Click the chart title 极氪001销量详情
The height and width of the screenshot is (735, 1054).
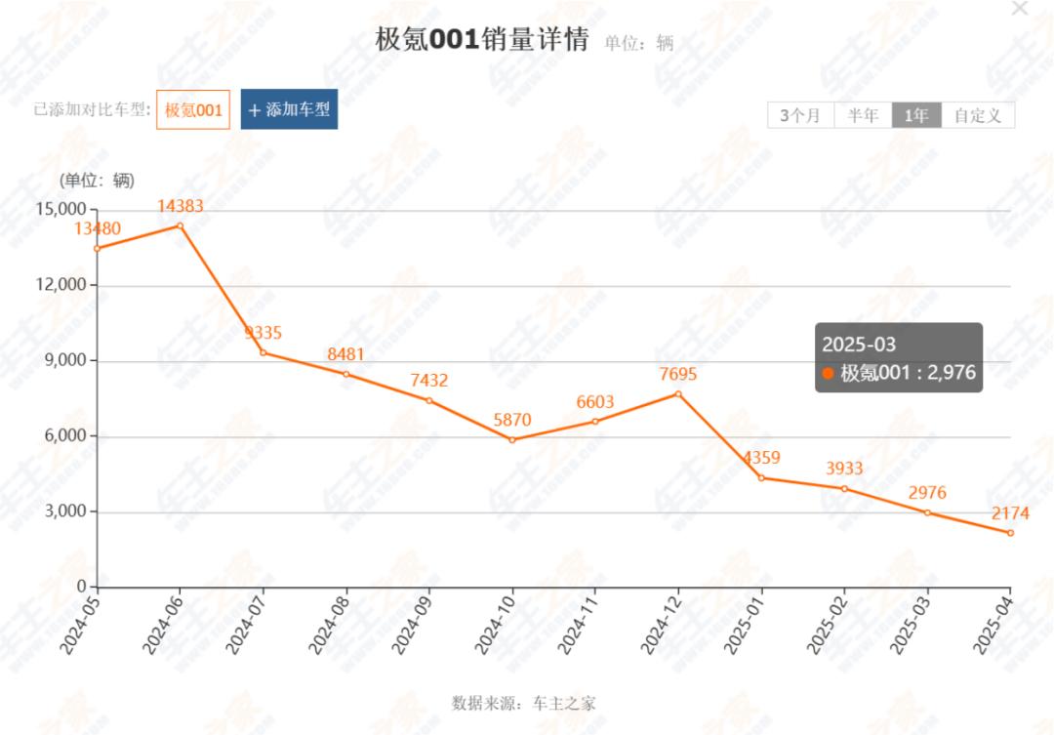[x=482, y=40]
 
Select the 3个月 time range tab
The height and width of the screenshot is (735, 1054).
[x=800, y=115]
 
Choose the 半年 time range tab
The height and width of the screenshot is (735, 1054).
[x=863, y=115]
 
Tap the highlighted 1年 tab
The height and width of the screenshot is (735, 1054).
[x=916, y=115]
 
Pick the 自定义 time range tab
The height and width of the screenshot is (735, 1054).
[x=978, y=115]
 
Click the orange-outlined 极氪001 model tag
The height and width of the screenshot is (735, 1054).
[x=193, y=110]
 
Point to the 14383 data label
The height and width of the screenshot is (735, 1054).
[x=181, y=206]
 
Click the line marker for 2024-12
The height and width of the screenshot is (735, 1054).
[x=678, y=393]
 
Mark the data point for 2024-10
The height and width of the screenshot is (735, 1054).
[x=512, y=439]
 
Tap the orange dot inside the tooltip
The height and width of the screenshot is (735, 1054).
[x=829, y=373]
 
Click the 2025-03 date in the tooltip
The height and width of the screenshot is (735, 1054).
[x=859, y=344]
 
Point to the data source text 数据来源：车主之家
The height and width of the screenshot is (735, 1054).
[x=524, y=703]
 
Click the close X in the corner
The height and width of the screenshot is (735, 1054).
[x=1020, y=8]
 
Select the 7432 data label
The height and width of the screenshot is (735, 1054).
[x=429, y=380]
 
